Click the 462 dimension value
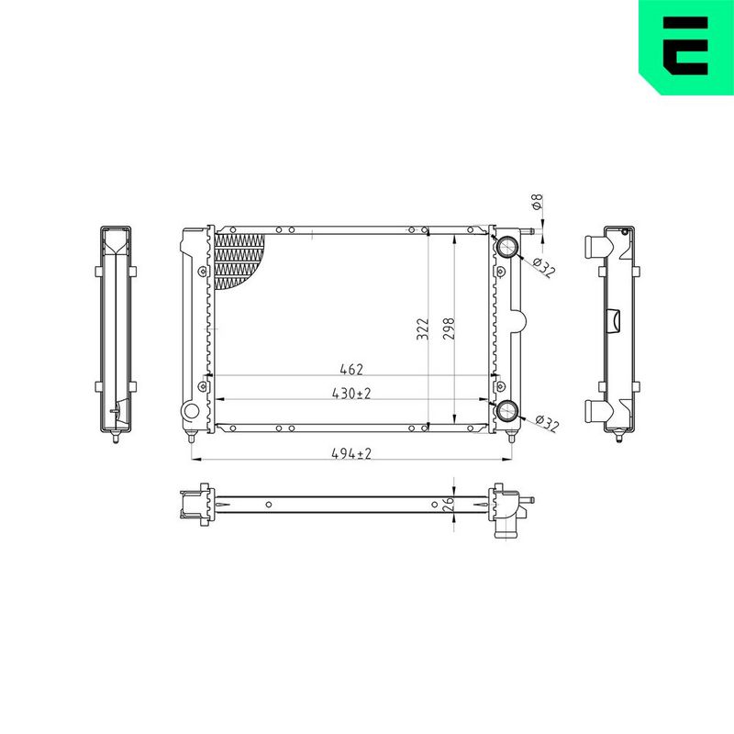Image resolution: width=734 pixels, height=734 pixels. (351, 370)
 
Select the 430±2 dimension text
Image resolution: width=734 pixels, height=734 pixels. (351, 394)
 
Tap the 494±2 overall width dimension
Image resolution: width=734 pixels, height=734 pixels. (351, 453)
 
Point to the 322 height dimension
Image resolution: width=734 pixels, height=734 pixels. (423, 329)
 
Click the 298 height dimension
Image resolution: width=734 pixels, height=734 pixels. (449, 329)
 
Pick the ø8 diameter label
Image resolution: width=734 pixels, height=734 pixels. (538, 202)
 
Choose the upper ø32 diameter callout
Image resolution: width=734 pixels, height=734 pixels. (544, 267)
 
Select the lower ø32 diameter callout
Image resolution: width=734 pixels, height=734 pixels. (547, 423)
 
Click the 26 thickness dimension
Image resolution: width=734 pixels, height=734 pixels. (448, 503)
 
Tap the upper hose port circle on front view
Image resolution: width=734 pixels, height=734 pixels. (507, 247)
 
